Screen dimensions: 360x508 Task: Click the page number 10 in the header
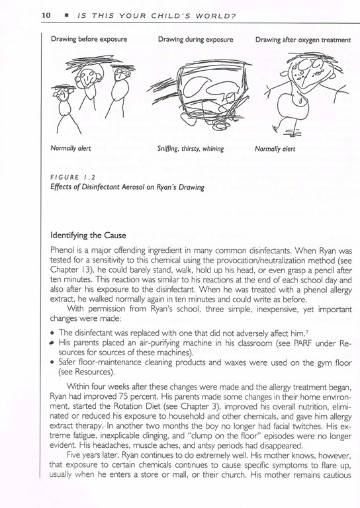[46, 15]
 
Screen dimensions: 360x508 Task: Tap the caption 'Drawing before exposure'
[89, 39]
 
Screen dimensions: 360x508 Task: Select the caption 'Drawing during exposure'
[195, 40]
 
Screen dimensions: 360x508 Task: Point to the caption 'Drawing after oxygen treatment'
[302, 40]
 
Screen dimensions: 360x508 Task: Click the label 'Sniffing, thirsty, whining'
[191, 149]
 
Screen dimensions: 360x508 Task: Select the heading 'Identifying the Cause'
[88, 235]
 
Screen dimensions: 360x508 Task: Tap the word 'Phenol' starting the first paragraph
[61, 251]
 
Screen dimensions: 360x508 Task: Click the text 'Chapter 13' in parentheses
[67, 270]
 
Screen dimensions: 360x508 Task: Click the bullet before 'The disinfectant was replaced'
[52, 333]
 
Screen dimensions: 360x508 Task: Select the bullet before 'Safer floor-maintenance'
[52, 362]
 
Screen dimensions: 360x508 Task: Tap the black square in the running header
[66, 16]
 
